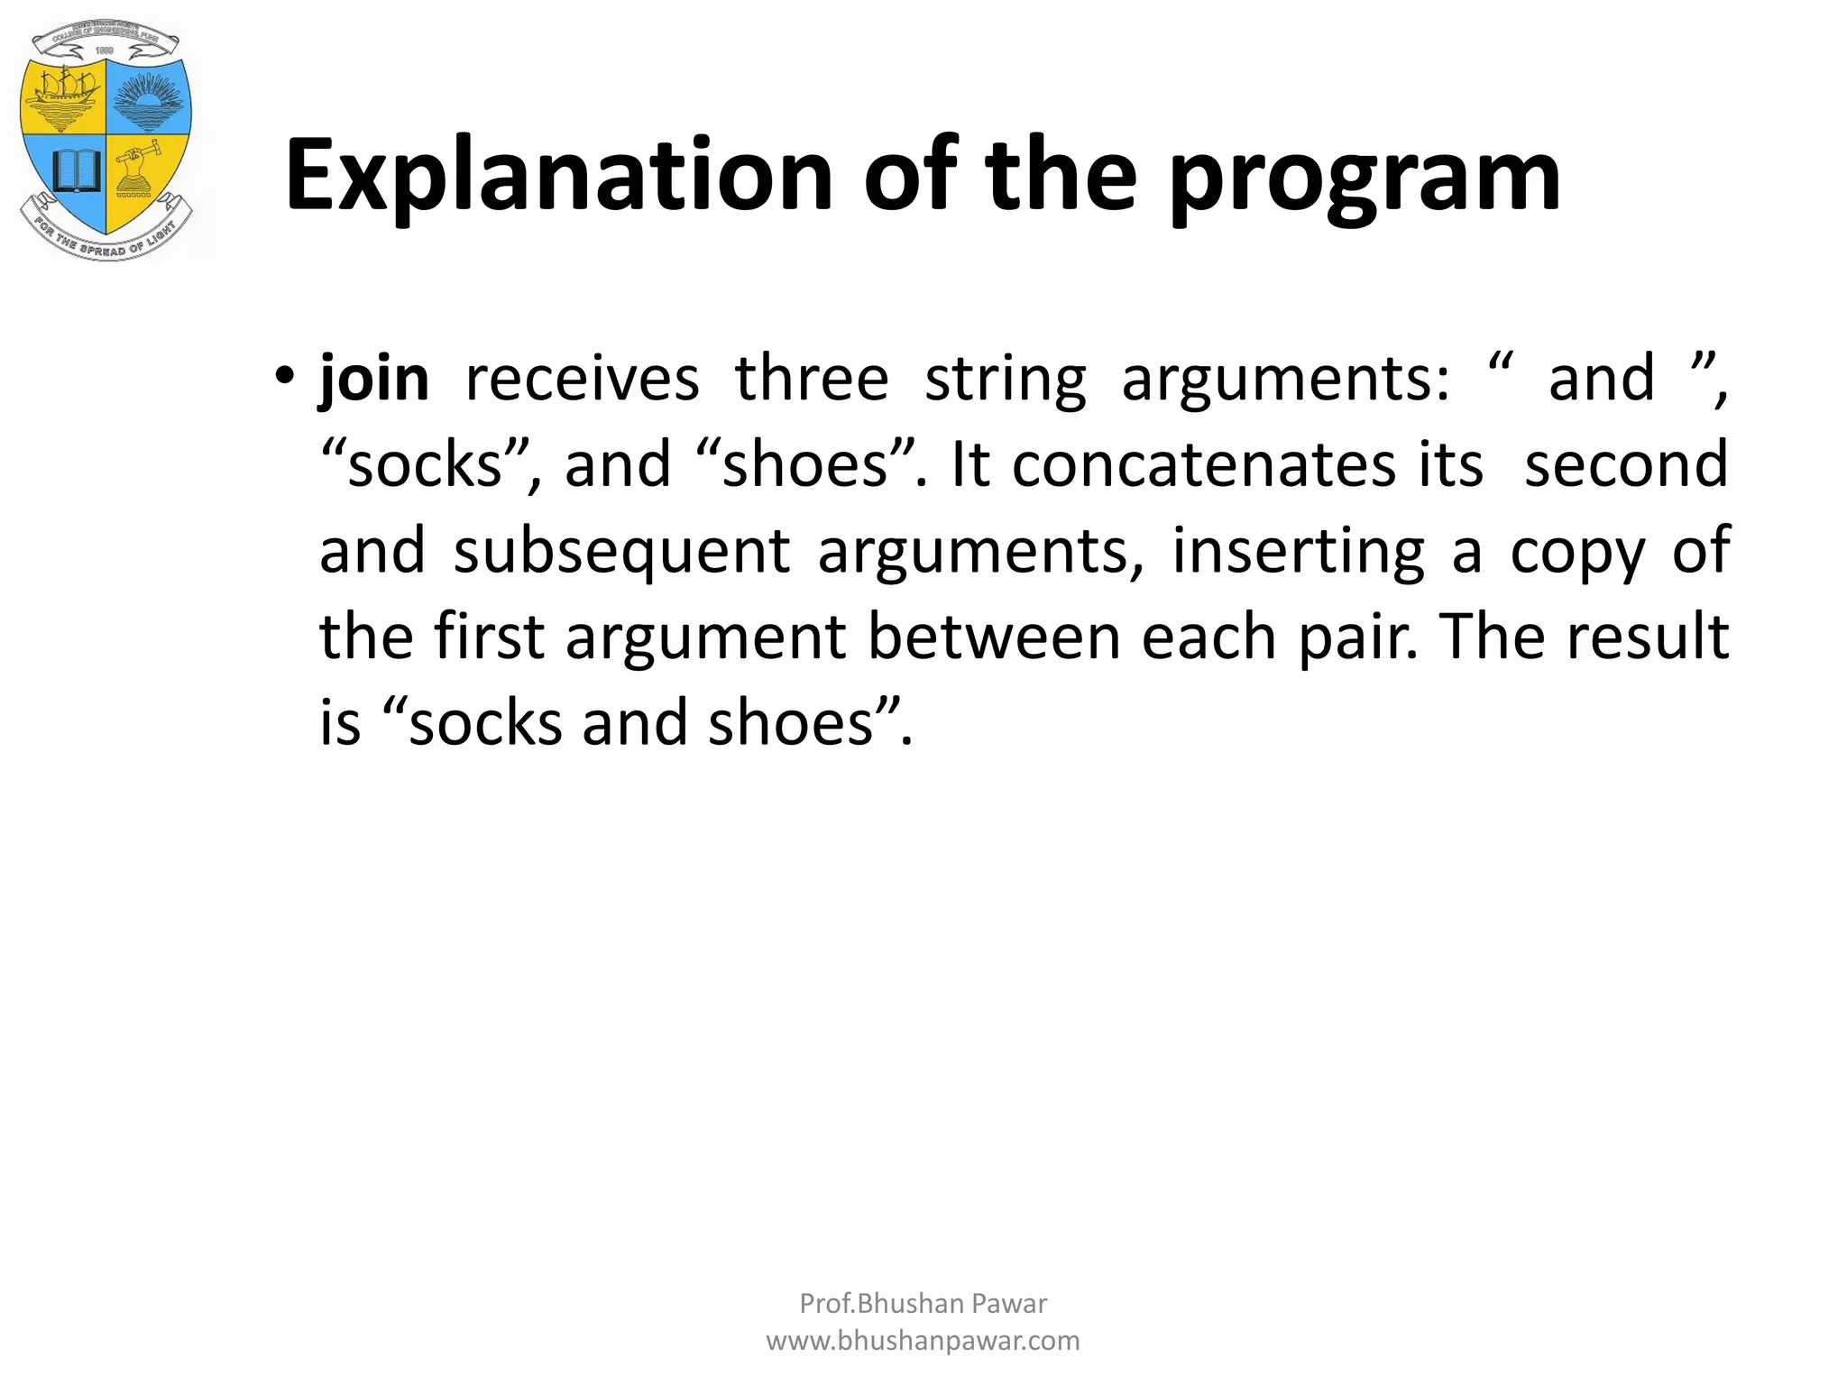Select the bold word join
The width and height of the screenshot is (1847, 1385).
point(374,379)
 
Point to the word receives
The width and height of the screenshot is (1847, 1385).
point(582,379)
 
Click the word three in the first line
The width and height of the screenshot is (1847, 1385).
point(812,379)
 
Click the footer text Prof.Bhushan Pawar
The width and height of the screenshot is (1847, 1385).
point(923,1304)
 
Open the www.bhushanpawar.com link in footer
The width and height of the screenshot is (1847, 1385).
point(923,1341)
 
